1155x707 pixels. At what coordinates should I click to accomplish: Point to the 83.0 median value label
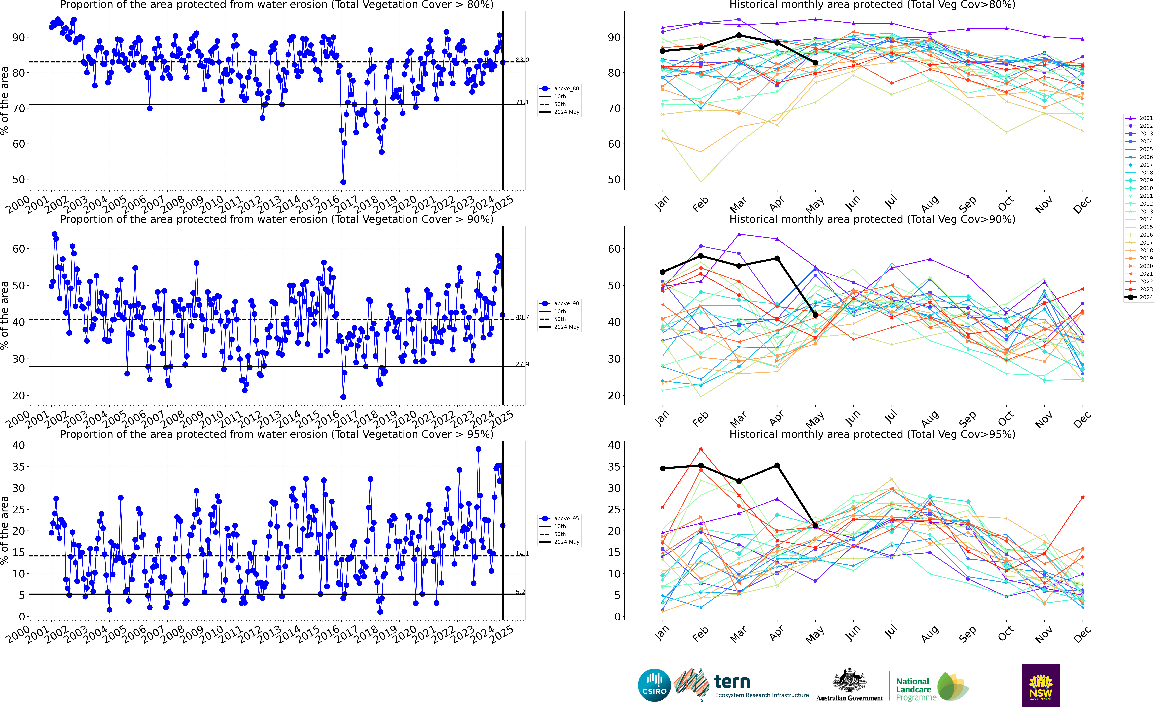pyautogui.click(x=522, y=60)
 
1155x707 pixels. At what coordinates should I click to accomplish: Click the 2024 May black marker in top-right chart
pyautogui.click(x=816, y=62)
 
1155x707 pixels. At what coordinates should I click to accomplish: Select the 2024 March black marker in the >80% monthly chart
pyautogui.click(x=739, y=35)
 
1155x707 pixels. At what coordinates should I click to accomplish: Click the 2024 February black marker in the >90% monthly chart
pyautogui.click(x=701, y=256)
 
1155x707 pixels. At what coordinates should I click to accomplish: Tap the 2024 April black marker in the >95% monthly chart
pyautogui.click(x=777, y=466)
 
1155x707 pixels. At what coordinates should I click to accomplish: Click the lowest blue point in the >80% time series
pyautogui.click(x=343, y=182)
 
